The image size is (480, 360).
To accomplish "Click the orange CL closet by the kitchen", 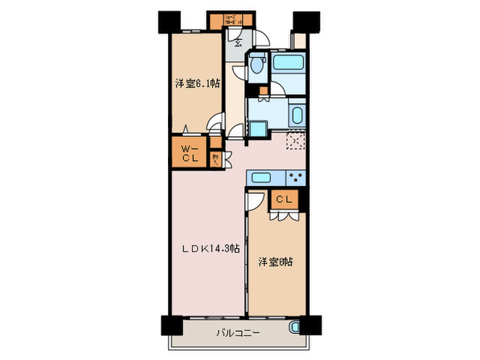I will (x=285, y=200).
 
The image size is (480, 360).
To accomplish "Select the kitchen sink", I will (x=263, y=178).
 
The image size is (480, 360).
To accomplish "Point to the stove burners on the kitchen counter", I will (x=296, y=177).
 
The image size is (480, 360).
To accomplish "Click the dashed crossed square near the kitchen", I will (x=296, y=139).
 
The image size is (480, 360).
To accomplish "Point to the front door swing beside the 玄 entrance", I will (x=261, y=40).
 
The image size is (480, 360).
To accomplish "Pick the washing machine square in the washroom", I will (x=257, y=130).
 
